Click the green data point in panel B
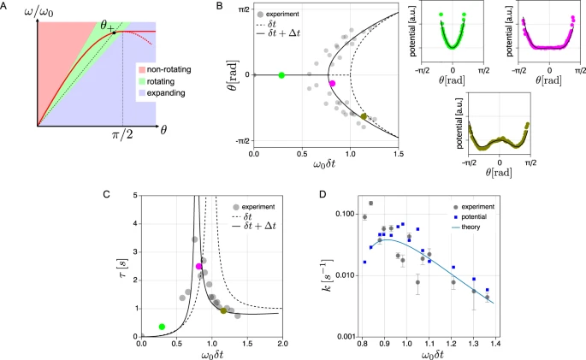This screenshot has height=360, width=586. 282,75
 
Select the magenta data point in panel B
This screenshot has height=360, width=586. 333,84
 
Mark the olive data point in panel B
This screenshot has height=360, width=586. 364,116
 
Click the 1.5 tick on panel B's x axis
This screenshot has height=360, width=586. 399,152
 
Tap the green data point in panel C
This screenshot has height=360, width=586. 162,327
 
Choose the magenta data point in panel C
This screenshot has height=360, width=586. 199,267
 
